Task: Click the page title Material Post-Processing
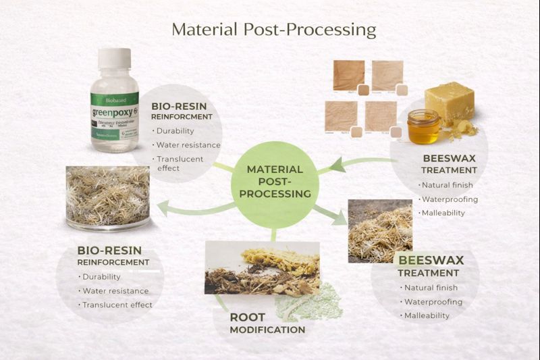pyautogui.click(x=273, y=30)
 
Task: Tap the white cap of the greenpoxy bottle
pyautogui.click(x=114, y=59)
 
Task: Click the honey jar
pyautogui.click(x=424, y=126)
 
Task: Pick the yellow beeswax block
pyautogui.click(x=448, y=101)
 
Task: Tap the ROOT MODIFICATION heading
pyautogui.click(x=267, y=323)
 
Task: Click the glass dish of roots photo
pyautogui.click(x=108, y=197)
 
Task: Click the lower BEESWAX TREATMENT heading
pyautogui.click(x=429, y=266)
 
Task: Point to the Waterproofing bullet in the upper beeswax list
pyautogui.click(x=450, y=199)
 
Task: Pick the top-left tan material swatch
pyautogui.click(x=348, y=75)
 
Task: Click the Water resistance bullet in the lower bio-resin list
pyautogui.click(x=115, y=291)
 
